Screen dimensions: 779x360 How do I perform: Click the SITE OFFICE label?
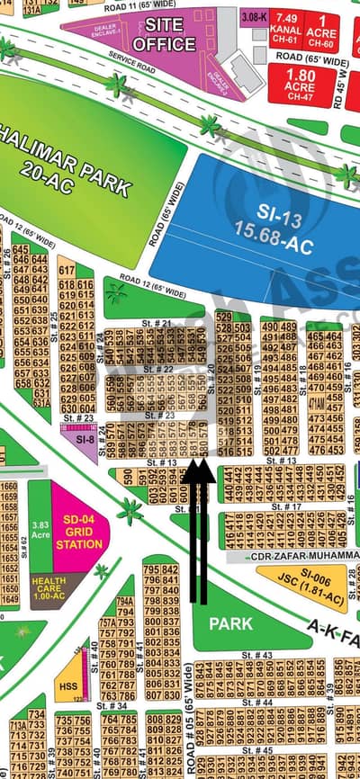point(164,35)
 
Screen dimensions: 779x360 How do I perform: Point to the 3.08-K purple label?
point(255,17)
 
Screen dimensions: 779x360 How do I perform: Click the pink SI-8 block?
point(84,440)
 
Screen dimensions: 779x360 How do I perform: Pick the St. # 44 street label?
point(261,702)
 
